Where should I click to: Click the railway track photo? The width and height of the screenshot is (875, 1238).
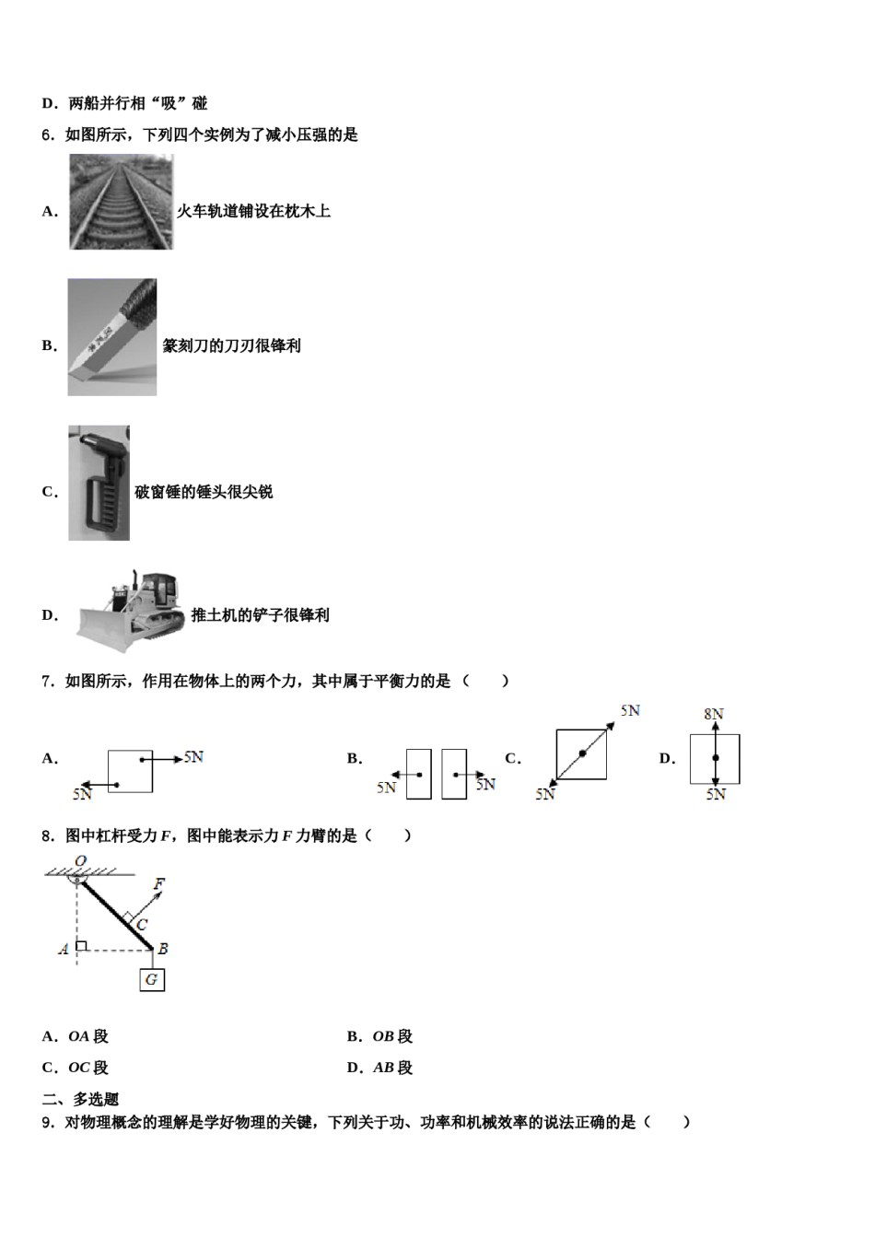[x=121, y=202]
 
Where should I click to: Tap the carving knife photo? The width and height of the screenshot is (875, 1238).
[x=111, y=337]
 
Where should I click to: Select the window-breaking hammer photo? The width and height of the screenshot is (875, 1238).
[x=99, y=483]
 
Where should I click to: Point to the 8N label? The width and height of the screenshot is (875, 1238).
[x=714, y=714]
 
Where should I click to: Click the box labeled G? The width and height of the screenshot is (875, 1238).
[x=152, y=979]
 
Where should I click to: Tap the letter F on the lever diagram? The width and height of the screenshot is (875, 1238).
[x=158, y=884]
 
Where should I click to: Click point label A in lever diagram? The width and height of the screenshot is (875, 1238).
[x=64, y=949]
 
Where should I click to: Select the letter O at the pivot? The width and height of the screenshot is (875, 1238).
[x=80, y=861]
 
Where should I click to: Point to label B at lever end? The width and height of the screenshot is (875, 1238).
[x=162, y=949]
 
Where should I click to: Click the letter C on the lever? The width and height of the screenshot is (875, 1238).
[x=142, y=924]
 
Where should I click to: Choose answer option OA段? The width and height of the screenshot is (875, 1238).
[x=88, y=1036]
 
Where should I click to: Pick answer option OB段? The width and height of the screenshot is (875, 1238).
[x=392, y=1036]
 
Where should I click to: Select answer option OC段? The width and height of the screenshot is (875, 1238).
[x=88, y=1068]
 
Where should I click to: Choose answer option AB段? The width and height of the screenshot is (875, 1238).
[x=392, y=1068]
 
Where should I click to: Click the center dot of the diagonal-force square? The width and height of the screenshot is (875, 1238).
[x=582, y=754]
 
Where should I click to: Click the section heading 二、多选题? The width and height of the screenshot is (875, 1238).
[x=80, y=1099]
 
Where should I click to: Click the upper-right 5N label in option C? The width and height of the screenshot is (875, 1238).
[x=630, y=710]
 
